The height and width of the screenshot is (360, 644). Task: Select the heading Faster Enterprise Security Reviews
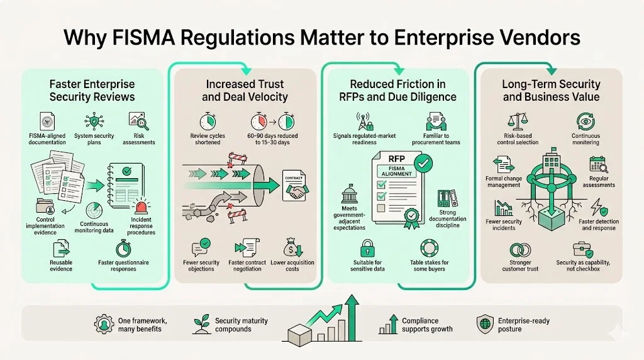point(92,90)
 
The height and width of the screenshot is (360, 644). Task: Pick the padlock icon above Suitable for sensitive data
point(367,245)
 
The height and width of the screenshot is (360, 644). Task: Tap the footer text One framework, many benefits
point(140,325)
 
